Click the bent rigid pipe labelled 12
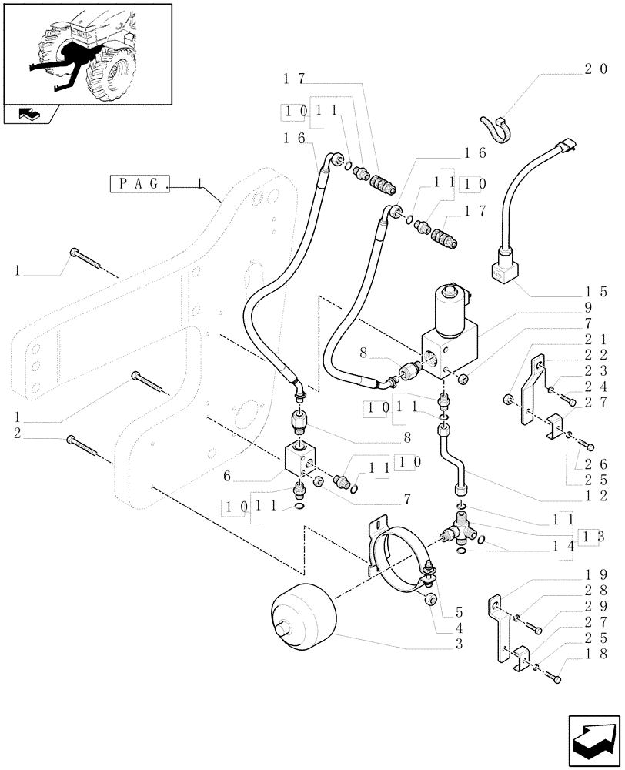click(454, 462)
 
